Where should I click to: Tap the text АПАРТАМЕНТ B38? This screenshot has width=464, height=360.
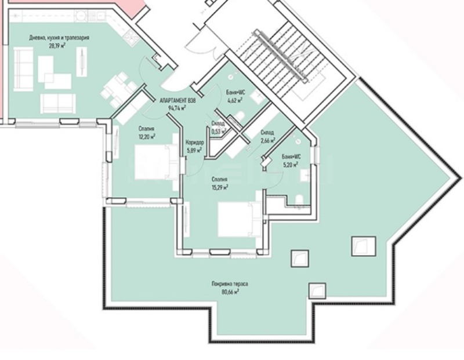(177, 100)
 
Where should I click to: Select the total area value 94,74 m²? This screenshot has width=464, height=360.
(177, 108)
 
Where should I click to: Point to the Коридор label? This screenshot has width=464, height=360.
(194, 143)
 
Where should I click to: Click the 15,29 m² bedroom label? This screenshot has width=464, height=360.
(219, 187)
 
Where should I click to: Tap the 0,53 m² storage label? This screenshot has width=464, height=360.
(218, 131)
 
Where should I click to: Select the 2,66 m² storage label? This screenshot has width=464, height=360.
(267, 140)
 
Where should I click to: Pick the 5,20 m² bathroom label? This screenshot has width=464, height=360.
(290, 164)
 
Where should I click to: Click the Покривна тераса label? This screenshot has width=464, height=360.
(230, 284)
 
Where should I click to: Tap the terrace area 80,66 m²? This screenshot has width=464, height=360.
(230, 292)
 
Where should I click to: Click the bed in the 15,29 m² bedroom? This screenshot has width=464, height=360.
(235, 219)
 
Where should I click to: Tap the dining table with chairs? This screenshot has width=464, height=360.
(119, 87)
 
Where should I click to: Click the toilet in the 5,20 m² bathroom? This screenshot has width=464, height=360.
(299, 201)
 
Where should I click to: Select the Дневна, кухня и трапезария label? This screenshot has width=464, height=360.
(60, 37)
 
